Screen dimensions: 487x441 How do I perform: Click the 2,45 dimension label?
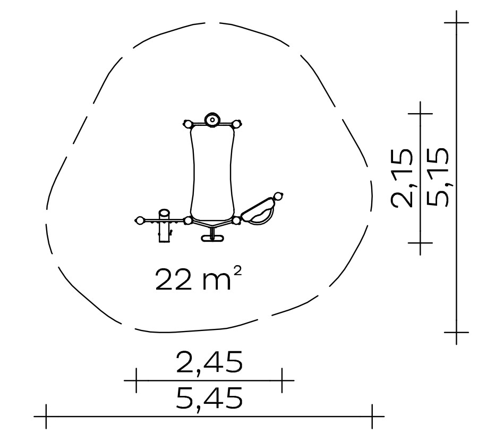pos(209,362)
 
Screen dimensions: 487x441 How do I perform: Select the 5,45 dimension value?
pos(209,397)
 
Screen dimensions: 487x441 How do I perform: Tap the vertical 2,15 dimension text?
pos(402,178)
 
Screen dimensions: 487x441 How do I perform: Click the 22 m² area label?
pos(198,279)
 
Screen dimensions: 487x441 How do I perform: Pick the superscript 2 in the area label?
pos(237,272)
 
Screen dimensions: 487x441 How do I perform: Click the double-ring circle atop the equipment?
pos(212,120)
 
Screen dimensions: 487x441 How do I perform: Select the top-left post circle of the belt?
pos(188,124)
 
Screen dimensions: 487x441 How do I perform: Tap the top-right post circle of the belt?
pos(236,124)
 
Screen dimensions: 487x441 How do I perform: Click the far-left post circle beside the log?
pos(140,220)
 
